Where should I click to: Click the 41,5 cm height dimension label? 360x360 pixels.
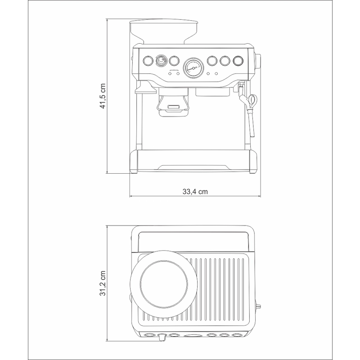(x=103, y=96)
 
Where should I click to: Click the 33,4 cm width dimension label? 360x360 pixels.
(x=195, y=192)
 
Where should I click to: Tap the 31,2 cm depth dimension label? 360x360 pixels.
(x=103, y=283)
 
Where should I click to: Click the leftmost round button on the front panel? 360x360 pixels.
(x=148, y=61)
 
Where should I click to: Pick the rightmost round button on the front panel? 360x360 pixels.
(x=238, y=61)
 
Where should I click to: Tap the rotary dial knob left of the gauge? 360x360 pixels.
(x=161, y=61)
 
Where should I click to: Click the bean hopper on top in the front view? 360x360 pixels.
(x=163, y=31)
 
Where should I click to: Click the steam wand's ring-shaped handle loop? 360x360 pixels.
(x=253, y=100)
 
